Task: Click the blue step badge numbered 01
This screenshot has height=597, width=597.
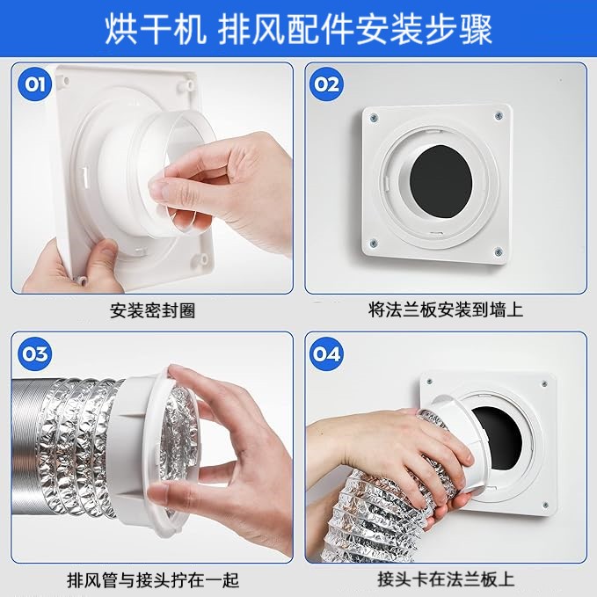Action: (34, 84)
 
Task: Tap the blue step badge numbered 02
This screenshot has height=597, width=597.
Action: (326, 84)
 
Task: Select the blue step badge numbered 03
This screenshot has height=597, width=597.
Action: (34, 354)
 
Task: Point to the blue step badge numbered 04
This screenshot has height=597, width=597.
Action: (326, 354)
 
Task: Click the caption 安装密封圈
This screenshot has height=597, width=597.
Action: (152, 310)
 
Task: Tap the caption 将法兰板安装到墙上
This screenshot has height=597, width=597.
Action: (446, 309)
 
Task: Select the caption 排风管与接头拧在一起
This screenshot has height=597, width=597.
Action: (153, 580)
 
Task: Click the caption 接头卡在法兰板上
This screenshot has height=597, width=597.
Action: (446, 579)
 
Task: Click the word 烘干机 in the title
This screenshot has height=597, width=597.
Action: (156, 29)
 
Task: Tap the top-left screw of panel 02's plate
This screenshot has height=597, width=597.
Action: (374, 119)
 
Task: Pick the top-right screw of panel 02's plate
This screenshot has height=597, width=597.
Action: (499, 116)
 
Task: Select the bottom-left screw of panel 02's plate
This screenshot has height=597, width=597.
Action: (374, 243)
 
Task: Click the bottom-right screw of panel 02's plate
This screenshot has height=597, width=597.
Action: (498, 251)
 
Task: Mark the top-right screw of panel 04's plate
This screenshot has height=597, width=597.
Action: (544, 383)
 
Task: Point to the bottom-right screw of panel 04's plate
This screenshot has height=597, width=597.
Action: (545, 505)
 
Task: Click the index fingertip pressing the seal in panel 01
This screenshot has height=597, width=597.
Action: (159, 189)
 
